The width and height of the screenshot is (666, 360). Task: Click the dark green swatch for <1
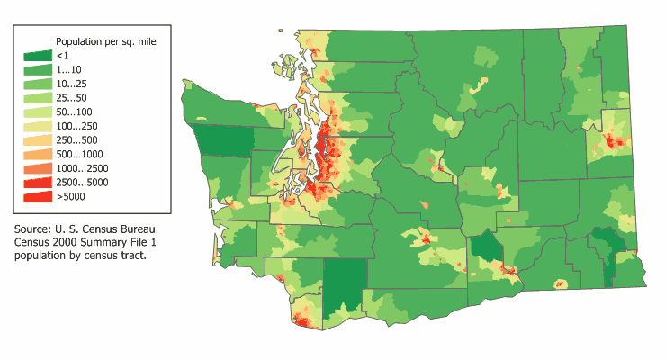pyautogui.click(x=35, y=56)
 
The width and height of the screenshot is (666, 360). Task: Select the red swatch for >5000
pyautogui.click(x=35, y=196)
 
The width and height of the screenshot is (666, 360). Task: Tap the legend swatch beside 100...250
pyautogui.click(x=35, y=126)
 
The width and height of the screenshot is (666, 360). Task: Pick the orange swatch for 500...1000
pyautogui.click(x=35, y=154)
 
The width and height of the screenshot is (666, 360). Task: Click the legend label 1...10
pyautogui.click(x=69, y=69)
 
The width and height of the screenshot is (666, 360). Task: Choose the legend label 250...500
pyautogui.click(x=77, y=139)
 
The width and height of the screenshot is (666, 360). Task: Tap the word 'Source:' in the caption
pyautogui.click(x=35, y=229)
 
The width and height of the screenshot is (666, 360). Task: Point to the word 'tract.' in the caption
pyautogui.click(x=130, y=256)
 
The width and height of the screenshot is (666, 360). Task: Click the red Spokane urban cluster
pyautogui.click(x=615, y=141)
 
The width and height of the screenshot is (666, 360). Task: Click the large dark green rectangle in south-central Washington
pyautogui.click(x=346, y=283)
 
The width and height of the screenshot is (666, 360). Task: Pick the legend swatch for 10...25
pyautogui.click(x=35, y=84)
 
